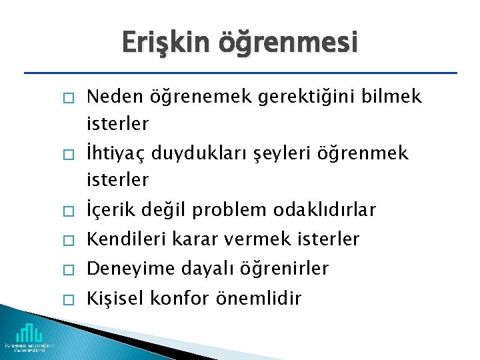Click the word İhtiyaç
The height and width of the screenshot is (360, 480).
point(116,154)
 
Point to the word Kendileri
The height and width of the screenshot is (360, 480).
point(126,239)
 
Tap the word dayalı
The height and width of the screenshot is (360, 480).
point(197,269)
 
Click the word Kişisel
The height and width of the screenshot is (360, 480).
point(114,298)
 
